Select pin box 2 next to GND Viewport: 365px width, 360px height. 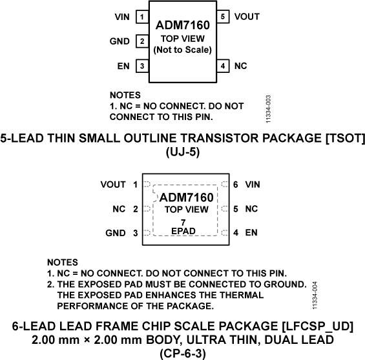click(x=141, y=42)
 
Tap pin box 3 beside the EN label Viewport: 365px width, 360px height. click(x=141, y=66)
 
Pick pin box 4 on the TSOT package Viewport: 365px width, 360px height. click(x=223, y=66)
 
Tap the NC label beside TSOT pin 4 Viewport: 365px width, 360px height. click(x=241, y=66)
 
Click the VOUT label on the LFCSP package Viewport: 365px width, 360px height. click(x=113, y=185)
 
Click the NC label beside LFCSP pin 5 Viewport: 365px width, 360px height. click(x=251, y=209)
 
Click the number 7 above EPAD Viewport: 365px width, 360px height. click(x=183, y=222)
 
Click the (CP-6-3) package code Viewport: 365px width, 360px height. click(x=183, y=352)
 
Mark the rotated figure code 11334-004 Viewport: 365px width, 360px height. click(x=315, y=294)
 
